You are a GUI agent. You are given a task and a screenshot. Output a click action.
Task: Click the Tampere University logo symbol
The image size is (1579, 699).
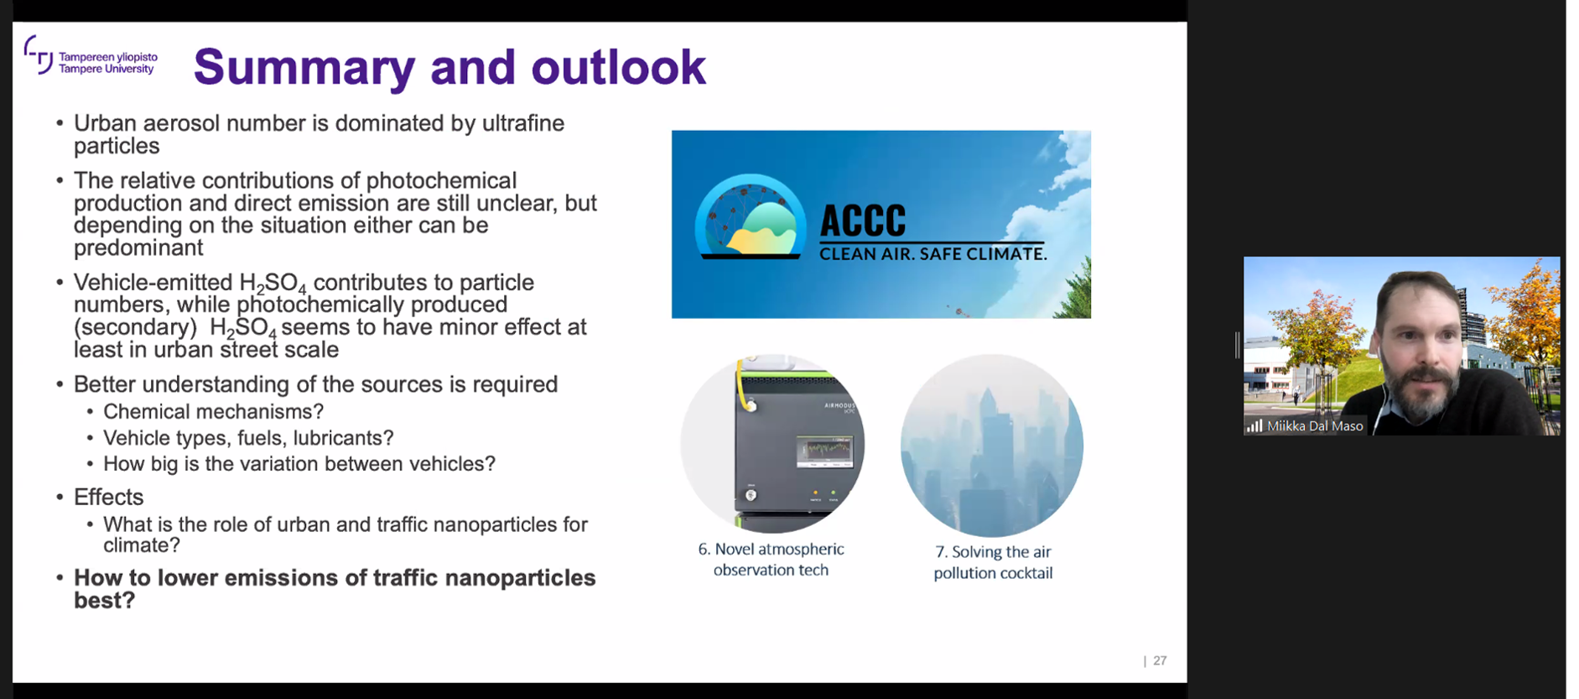coord(39,55)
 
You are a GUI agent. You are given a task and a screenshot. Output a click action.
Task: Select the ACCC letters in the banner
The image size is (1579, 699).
coord(863,222)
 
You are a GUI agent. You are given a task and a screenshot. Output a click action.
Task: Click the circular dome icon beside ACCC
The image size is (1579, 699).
coord(750,216)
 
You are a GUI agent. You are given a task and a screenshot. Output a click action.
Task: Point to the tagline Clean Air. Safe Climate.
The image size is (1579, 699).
coord(932,253)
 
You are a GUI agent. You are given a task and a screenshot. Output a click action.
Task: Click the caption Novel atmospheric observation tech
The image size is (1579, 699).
coord(771,559)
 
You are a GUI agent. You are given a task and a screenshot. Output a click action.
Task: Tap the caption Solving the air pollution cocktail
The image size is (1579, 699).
coord(993,562)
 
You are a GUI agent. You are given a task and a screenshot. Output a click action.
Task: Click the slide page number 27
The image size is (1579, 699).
coord(1160,660)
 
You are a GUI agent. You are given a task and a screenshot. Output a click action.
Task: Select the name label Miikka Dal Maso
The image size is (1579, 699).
coord(1315,426)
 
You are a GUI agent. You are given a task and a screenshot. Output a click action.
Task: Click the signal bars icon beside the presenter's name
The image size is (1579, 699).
coord(1254,426)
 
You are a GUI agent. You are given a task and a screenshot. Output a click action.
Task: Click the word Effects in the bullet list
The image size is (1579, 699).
coord(108,497)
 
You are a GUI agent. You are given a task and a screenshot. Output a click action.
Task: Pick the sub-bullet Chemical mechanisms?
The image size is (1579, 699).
coord(213,411)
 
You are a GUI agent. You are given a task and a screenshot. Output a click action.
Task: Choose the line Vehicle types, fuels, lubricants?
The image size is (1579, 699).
coord(248,438)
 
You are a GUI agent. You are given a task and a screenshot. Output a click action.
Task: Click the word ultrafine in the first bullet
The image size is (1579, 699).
coord(523,123)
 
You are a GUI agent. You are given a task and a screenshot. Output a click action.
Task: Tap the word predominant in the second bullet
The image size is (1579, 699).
coord(138,248)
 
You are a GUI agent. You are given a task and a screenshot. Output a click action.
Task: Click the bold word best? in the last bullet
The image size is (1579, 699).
coord(104,601)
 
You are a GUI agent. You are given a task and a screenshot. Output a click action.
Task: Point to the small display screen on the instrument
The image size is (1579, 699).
coord(823,452)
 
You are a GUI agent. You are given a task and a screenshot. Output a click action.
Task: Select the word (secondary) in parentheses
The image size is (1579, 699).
coord(135,327)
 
